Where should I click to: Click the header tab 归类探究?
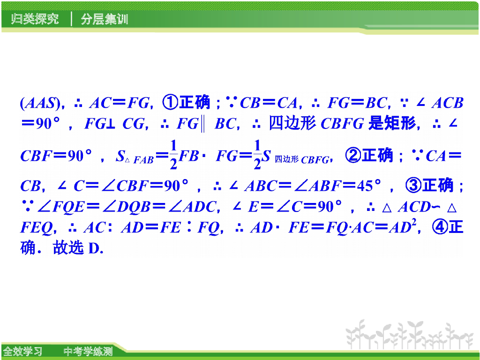click(35, 20)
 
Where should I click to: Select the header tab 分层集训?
click(104, 20)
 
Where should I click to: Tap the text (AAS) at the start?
click(40, 103)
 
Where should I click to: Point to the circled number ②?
click(352, 155)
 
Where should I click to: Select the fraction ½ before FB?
click(173, 155)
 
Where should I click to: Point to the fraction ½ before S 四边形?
click(257, 155)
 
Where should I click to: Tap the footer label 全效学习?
click(23, 351)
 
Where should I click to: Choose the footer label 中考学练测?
click(88, 351)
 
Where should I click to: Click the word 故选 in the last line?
click(69, 248)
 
